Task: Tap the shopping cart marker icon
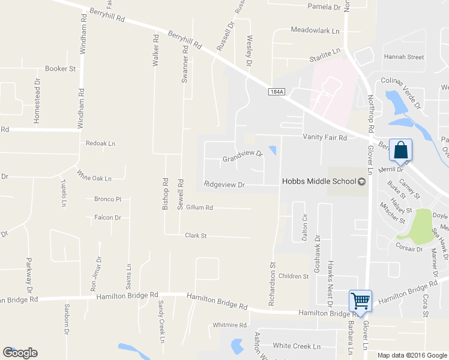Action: pyautogui.click(x=360, y=301)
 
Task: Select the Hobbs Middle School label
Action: pyautogui.click(x=319, y=181)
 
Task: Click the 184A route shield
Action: pyautogui.click(x=276, y=91)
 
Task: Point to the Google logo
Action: pyautogui.click(x=20, y=353)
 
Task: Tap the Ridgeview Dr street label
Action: pyautogui.click(x=224, y=185)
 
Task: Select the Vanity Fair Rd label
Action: pyautogui.click(x=325, y=138)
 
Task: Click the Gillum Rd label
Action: pyautogui.click(x=200, y=208)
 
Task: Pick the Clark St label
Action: pyautogui.click(x=196, y=236)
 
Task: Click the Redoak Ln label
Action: pyautogui.click(x=100, y=143)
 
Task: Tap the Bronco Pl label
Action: pyautogui.click(x=107, y=199)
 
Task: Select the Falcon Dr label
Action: pyautogui.click(x=107, y=218)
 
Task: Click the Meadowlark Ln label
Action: pyautogui.click(x=315, y=30)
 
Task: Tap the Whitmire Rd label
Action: pyautogui.click(x=230, y=325)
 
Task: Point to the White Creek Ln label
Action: pyautogui.click(x=297, y=346)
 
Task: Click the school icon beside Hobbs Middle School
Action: pyautogui.click(x=361, y=182)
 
